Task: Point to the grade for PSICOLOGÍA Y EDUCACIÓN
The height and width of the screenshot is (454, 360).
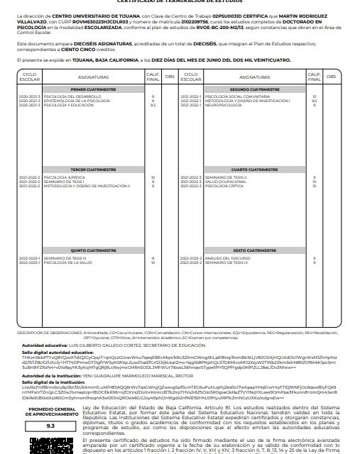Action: (153, 104)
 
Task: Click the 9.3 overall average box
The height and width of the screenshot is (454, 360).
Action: (50, 427)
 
